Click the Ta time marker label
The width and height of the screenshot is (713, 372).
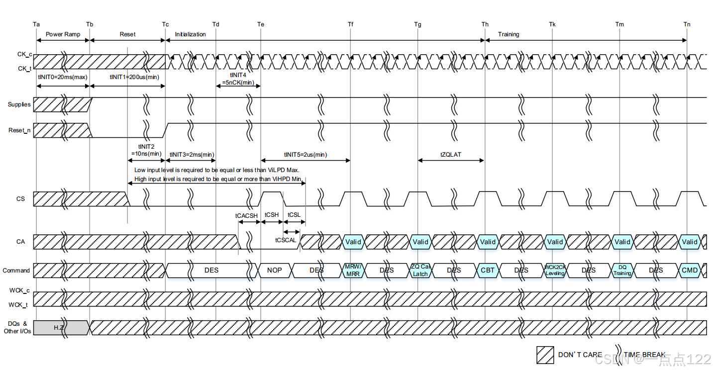(36, 24)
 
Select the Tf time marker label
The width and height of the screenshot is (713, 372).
(351, 24)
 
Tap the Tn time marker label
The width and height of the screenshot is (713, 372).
(687, 24)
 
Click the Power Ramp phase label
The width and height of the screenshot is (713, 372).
(63, 34)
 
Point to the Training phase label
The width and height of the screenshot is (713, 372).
(509, 34)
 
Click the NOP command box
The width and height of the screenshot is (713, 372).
(274, 271)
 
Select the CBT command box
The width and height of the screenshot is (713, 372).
(488, 271)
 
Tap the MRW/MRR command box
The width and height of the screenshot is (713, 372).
(353, 271)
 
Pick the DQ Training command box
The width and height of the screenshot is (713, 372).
(622, 271)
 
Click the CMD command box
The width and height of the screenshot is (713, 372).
(690, 271)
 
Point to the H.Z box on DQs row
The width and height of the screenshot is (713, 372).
(61, 328)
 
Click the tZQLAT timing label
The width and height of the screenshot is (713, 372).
(451, 155)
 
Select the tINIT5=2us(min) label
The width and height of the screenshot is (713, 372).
(306, 155)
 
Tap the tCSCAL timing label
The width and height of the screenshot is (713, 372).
(286, 240)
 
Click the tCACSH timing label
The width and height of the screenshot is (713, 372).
(247, 215)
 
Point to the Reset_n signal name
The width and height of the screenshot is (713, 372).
(19, 130)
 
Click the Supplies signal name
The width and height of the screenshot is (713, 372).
(19, 104)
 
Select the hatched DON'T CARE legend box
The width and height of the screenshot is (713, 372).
(545, 355)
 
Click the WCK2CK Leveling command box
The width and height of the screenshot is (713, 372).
(555, 271)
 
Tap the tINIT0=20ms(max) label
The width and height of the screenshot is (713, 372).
(63, 77)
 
